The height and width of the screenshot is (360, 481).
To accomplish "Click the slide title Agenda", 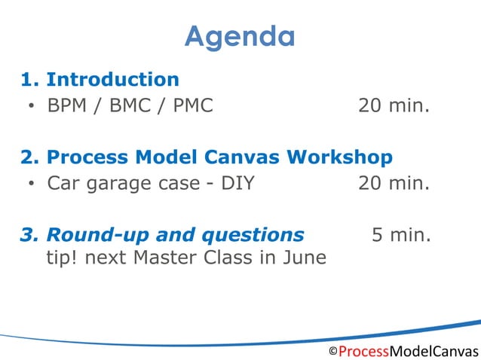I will [x=240, y=36].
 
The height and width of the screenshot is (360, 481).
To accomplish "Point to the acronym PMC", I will [x=193, y=105].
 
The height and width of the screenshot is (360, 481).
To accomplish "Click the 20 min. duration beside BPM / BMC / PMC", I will [x=394, y=105].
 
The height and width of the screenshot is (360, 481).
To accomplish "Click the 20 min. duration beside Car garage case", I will [x=394, y=183].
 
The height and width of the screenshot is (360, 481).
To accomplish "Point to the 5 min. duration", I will [x=401, y=235].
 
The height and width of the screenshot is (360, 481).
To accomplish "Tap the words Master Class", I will [x=189, y=258].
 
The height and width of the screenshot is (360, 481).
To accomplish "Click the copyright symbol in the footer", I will [x=332, y=352].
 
